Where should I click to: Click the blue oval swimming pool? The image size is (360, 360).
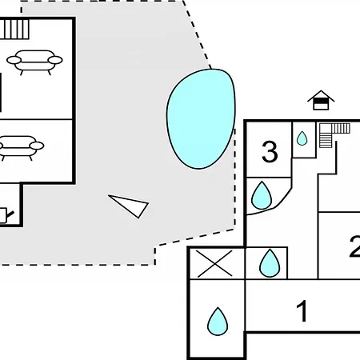(x=201, y=118)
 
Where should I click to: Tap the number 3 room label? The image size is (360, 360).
(x=270, y=152)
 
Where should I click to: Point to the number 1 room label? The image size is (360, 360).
(x=302, y=310)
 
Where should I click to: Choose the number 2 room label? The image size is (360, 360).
(x=355, y=246)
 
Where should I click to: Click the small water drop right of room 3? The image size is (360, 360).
(x=302, y=138)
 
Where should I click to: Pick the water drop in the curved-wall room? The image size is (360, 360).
(x=262, y=195)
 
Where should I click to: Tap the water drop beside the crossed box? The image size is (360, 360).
(x=270, y=263)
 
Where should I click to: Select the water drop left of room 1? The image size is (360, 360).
(x=218, y=322)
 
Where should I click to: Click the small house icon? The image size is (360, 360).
(x=321, y=100)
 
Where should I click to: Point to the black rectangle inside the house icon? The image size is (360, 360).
(x=321, y=101)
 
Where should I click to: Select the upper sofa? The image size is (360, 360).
(x=34, y=62)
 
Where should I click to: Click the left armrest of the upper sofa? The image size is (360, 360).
(x=14, y=60)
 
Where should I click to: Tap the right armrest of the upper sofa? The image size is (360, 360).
(x=55, y=60)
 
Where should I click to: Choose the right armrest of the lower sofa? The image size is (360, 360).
(x=37, y=146)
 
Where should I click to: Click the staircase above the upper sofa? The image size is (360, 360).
(x=14, y=29)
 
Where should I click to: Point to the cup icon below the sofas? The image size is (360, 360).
(x=6, y=215)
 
